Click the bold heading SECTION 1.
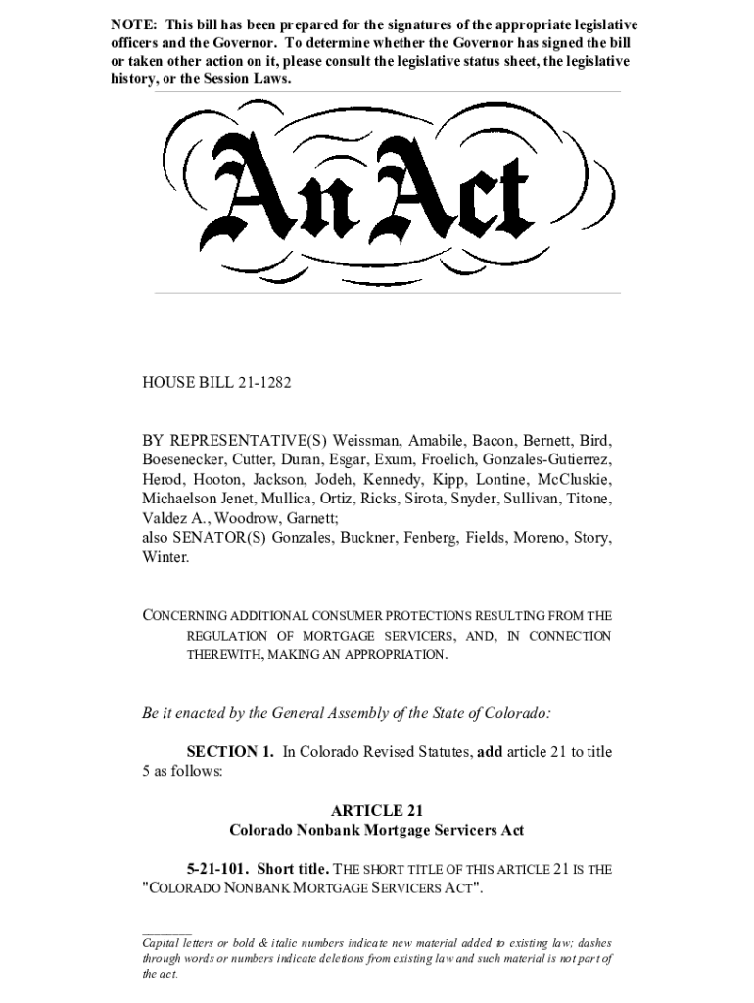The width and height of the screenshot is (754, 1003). click(230, 751)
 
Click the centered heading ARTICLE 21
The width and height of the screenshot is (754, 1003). click(376, 810)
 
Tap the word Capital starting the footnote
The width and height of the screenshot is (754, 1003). click(164, 943)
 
